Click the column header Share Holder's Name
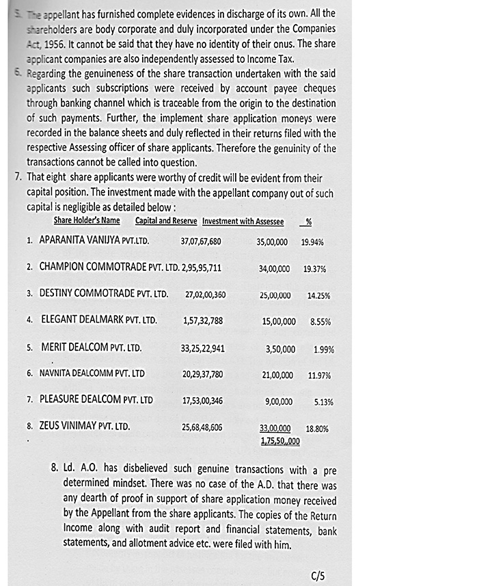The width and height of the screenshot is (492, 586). point(87,221)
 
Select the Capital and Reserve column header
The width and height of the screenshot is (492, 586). point(166,221)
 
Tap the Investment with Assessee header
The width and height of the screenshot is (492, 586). point(243,221)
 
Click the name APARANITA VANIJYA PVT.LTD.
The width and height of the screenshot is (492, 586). point(94,241)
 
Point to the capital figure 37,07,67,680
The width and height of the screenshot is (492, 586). point(201,241)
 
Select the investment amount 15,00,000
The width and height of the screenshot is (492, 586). point(279,321)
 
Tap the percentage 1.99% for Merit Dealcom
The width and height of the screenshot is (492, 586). point(323,349)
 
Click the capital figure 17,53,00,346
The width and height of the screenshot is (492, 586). point(202,401)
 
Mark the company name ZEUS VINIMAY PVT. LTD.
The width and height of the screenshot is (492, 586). point(85,426)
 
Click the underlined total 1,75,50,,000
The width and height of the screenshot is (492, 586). point(280,442)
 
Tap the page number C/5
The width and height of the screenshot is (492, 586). point(317,576)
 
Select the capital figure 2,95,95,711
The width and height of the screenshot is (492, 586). point(202,268)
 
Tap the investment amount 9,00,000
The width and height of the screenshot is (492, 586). point(278,401)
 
